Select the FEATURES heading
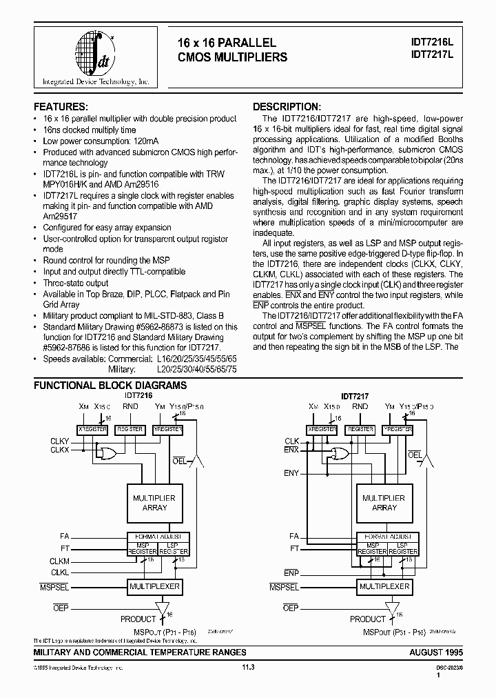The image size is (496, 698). point(61,107)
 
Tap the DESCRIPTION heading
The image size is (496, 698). point(287,107)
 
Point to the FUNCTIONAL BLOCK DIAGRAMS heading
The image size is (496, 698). point(110,385)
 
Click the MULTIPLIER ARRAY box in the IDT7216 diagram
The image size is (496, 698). point(154,502)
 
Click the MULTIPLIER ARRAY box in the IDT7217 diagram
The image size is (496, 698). point(384,502)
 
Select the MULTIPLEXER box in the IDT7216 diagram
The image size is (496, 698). point(154,586)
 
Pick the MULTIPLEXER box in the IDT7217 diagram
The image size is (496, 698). point(384,586)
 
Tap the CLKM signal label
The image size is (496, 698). point(59,561)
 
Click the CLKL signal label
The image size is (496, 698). point(59,572)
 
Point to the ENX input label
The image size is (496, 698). point(291,450)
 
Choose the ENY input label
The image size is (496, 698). point(291,473)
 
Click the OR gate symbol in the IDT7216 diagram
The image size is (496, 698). point(107,452)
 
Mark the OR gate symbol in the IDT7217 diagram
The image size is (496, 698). point(338,452)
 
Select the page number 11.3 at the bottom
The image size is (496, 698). point(248,667)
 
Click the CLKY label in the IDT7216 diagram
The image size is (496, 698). point(59,441)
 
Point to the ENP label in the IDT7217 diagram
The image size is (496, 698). point(291,572)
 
